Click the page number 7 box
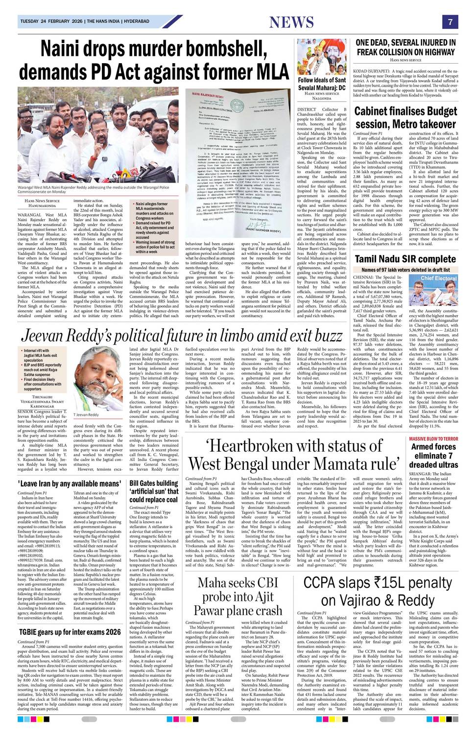[450, 22]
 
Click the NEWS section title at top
[291, 22]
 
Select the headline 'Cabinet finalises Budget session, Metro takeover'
[405, 117]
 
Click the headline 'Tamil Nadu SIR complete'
[405, 259]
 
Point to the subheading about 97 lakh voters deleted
[405, 270]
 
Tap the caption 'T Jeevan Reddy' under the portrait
[86, 415]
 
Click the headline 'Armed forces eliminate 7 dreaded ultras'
[433, 455]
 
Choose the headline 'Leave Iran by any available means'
[69, 483]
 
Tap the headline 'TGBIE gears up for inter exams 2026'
[69, 632]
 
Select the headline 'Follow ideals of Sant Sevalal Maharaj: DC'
[322, 84]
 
